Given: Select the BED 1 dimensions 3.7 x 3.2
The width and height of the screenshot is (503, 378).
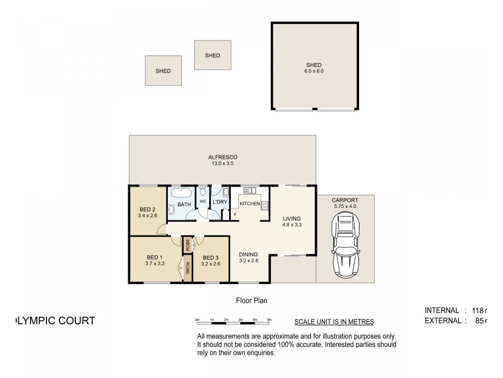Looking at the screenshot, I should click(155, 263).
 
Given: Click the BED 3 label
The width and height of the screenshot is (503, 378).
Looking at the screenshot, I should click(211, 257).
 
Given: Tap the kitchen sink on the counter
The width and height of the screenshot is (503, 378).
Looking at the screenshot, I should click(249, 190).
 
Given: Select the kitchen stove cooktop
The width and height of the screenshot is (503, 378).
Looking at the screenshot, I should click(265, 204).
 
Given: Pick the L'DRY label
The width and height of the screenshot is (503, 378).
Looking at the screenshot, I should click(219, 202).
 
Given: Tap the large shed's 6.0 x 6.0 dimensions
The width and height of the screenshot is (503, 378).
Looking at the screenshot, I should click(314, 71).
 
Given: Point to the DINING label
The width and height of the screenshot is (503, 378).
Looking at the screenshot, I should click(250, 255).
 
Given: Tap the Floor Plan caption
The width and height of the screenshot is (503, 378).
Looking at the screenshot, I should click(251, 301).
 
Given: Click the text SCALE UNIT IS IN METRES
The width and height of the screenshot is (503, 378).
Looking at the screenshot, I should click(334, 321).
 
